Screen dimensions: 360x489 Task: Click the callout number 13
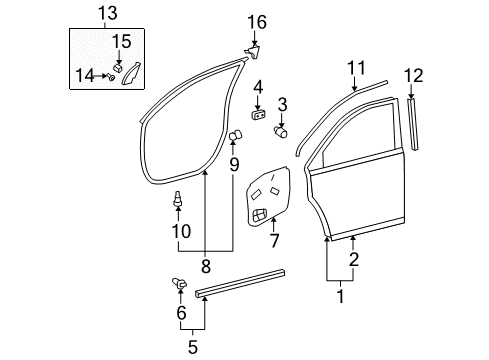pos(107,13)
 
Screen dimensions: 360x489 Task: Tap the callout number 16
pos(257,21)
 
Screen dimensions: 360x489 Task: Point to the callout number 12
pos(412,76)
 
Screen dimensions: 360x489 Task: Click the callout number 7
pos(275,241)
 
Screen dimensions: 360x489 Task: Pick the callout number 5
pos(193,349)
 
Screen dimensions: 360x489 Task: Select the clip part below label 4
pos(257,114)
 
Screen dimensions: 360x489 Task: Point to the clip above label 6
pos(181,285)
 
